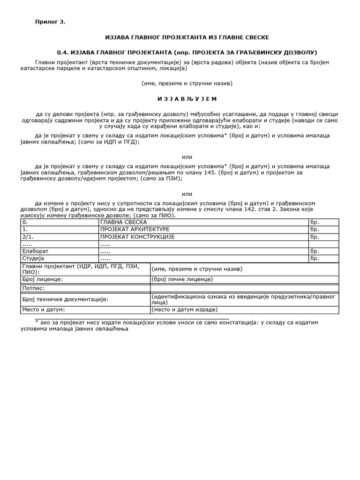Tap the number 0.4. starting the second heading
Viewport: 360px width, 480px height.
63,52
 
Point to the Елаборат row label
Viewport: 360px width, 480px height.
36,251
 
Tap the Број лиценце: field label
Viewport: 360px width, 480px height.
43,279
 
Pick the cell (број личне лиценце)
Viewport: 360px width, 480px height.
182,279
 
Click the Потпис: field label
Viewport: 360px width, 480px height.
33,288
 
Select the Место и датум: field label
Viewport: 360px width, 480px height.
44,310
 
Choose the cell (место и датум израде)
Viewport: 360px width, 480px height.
185,310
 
